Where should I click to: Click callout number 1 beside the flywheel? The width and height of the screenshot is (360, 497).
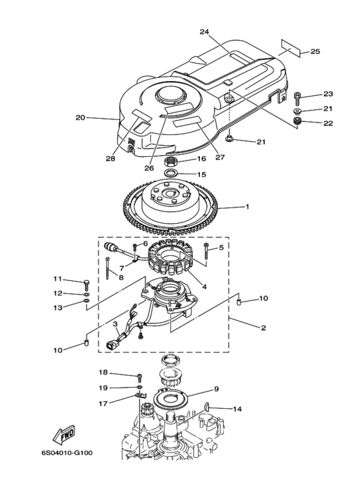246,207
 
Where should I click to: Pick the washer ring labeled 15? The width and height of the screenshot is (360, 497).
172,174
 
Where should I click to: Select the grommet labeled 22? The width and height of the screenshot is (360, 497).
298,122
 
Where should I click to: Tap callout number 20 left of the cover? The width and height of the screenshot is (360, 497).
80,118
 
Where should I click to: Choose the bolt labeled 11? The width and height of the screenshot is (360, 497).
85,282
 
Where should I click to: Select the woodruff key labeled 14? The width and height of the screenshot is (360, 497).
209,405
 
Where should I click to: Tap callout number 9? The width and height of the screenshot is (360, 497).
217,389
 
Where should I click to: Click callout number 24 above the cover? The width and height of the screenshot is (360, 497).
204,31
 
